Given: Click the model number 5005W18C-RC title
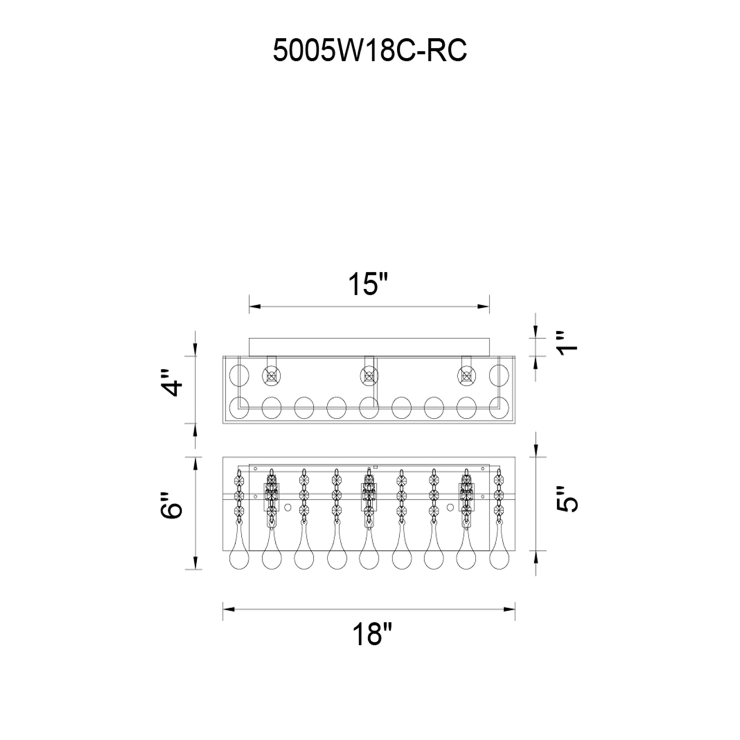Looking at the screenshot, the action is click(x=370, y=51).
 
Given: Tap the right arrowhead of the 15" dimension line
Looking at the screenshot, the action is click(x=484, y=306).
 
